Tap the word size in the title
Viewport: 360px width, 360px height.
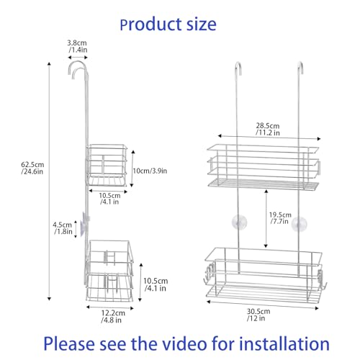(x=202, y=24)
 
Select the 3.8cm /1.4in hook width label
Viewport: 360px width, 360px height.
(x=77, y=46)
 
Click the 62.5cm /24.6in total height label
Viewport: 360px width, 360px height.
(x=32, y=168)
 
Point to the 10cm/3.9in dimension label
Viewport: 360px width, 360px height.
(x=150, y=171)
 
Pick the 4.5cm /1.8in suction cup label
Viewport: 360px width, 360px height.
(x=63, y=228)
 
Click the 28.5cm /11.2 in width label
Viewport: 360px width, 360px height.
(x=268, y=129)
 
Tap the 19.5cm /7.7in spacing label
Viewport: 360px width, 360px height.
(x=280, y=218)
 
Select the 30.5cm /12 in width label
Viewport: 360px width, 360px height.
(x=258, y=315)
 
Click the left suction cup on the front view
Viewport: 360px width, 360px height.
(x=239, y=222)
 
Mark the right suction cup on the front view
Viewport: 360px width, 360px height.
(x=299, y=224)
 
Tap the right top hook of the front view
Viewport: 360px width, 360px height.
(x=300, y=68)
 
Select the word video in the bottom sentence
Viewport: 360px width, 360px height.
(x=186, y=344)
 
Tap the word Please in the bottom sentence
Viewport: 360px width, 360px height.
(x=69, y=344)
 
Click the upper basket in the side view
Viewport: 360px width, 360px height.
(x=106, y=165)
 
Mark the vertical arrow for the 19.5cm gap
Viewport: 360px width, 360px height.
(x=266, y=218)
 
